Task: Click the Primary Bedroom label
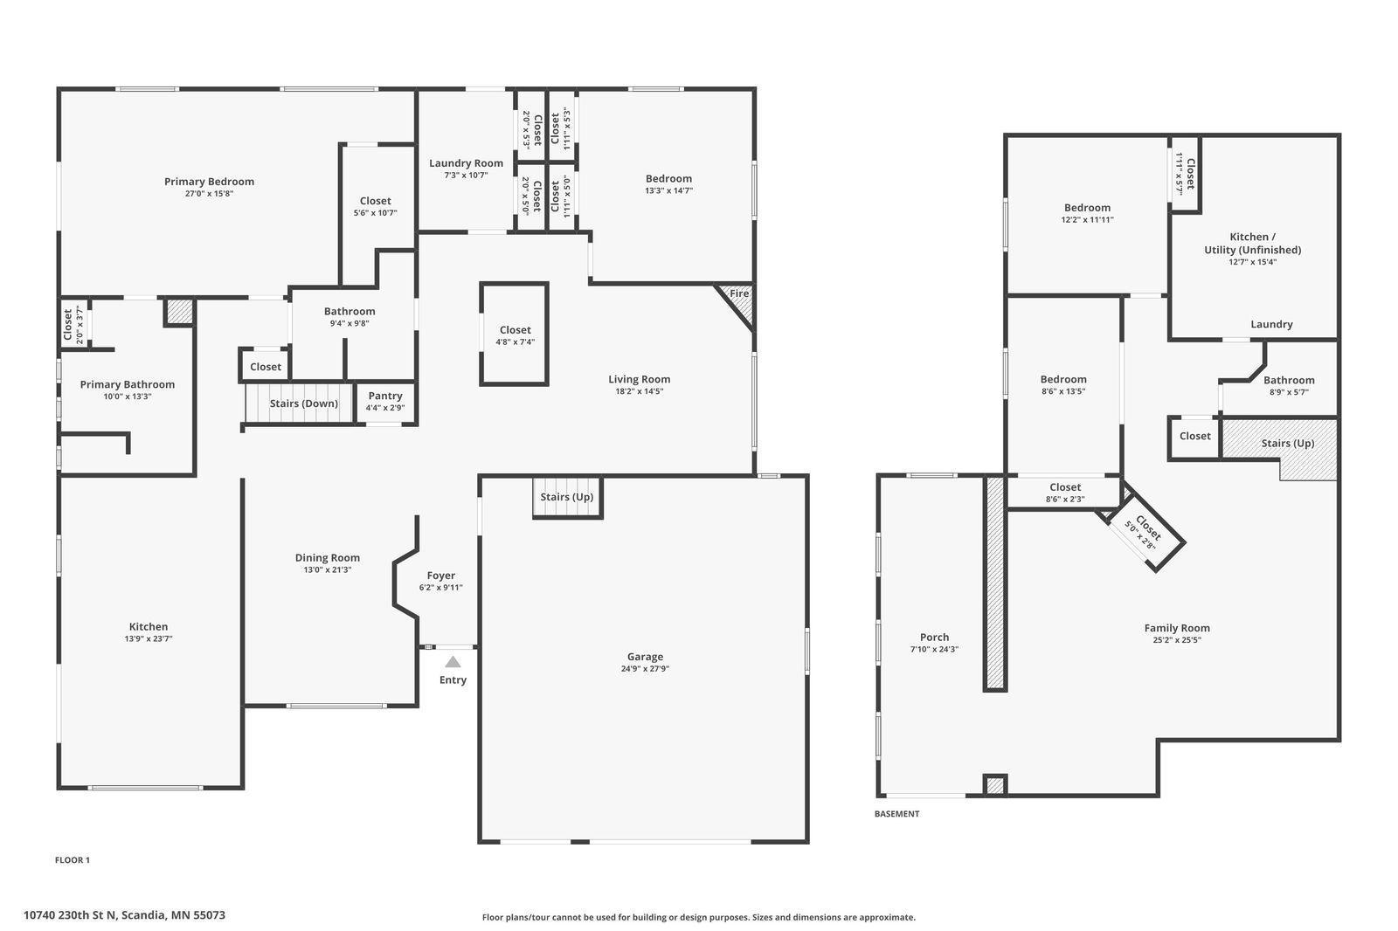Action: point(209,182)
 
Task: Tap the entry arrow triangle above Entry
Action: point(453,662)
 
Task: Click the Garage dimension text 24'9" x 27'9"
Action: point(645,669)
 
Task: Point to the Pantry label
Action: point(385,396)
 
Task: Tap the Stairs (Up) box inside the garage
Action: point(567,497)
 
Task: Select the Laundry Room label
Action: point(466,163)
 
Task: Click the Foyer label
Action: point(440,576)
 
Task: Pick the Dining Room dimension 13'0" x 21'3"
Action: point(327,569)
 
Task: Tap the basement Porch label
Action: point(934,637)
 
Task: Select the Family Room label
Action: point(1177,627)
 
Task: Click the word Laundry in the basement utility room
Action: point(1271,324)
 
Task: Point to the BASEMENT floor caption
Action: point(896,814)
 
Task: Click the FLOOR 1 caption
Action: point(73,860)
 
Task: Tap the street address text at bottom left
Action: point(124,915)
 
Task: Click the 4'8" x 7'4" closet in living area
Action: point(515,334)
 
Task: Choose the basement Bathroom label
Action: point(1289,380)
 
